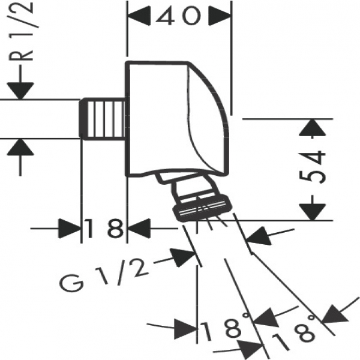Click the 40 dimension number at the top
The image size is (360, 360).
[178, 16]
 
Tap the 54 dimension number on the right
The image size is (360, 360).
[313, 167]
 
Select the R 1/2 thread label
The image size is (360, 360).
[21, 31]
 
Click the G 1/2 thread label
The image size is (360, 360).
[104, 274]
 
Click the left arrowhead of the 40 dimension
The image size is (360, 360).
[139, 16]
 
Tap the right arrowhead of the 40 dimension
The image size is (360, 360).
[220, 16]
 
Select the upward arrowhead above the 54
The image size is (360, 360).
[313, 127]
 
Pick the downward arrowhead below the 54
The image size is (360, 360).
[313, 212]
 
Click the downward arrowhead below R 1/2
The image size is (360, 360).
[20, 91]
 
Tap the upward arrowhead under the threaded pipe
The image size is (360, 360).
[20, 147]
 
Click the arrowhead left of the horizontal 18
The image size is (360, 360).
[70, 229]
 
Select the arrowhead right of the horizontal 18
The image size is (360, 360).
[139, 229]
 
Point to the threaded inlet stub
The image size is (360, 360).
[103, 119]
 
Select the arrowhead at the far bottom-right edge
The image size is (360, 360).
[335, 314]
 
